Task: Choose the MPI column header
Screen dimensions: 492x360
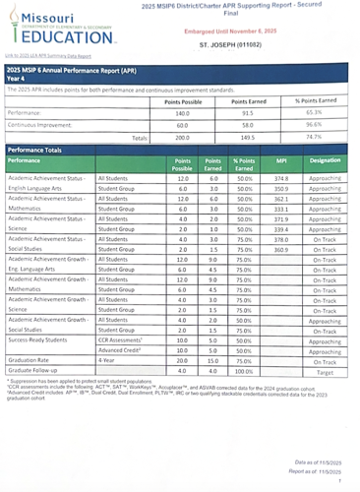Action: click(280, 158)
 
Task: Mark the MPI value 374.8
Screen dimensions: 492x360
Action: click(280, 178)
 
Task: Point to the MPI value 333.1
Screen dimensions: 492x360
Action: click(280, 209)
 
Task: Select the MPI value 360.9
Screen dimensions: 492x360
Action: click(280, 249)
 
